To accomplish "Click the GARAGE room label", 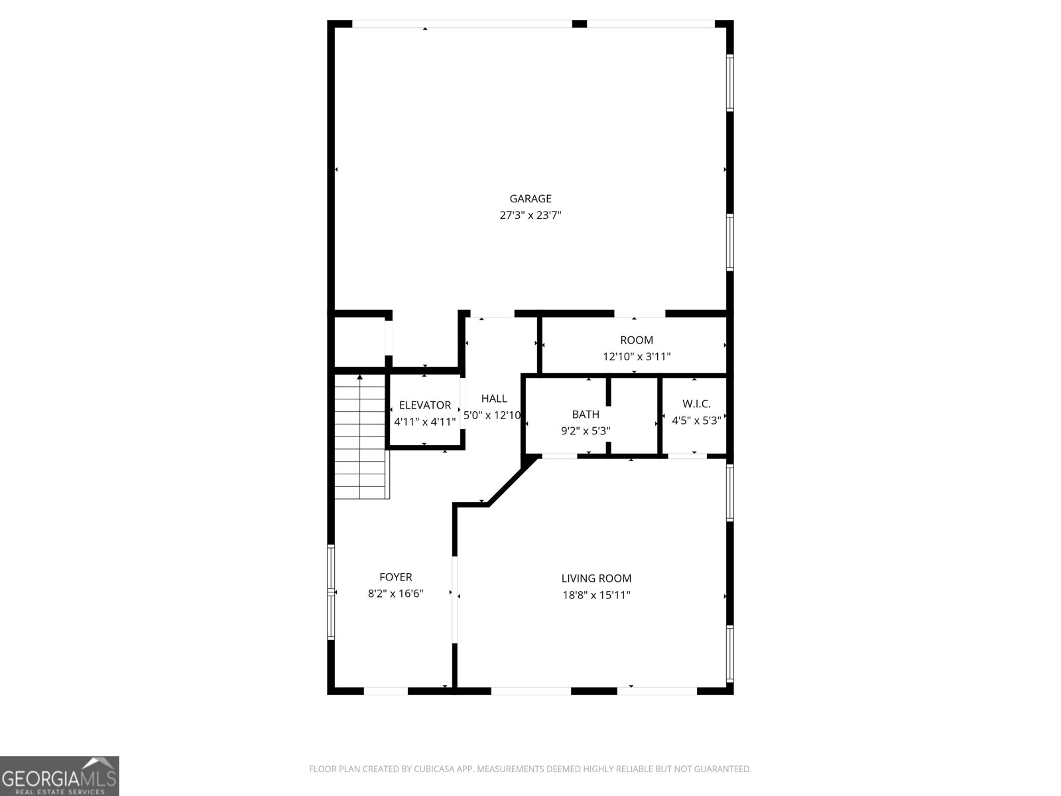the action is (x=530, y=198).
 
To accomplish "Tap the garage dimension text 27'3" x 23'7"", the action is (x=530, y=215).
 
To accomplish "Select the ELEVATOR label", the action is (x=425, y=405).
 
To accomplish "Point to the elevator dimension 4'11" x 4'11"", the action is (x=425, y=422).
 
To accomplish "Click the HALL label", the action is (x=494, y=398).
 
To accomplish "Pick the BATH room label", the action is (x=586, y=414).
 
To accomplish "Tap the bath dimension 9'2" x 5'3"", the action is (x=586, y=431).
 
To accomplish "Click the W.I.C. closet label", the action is (x=696, y=403).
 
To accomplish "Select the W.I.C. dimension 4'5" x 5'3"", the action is (x=696, y=421).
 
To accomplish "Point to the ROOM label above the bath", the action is (x=637, y=340).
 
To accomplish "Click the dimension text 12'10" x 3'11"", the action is (x=637, y=357).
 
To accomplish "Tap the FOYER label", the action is (x=395, y=576).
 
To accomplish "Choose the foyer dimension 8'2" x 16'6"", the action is (x=395, y=594).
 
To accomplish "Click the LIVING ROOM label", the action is (x=596, y=578).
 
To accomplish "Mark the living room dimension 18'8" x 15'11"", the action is (x=596, y=595).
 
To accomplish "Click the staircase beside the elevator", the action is (x=362, y=437).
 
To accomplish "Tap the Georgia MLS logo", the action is (x=60, y=775).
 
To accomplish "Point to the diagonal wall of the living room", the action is (x=513, y=482).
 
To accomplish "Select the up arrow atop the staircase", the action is (x=359, y=377).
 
